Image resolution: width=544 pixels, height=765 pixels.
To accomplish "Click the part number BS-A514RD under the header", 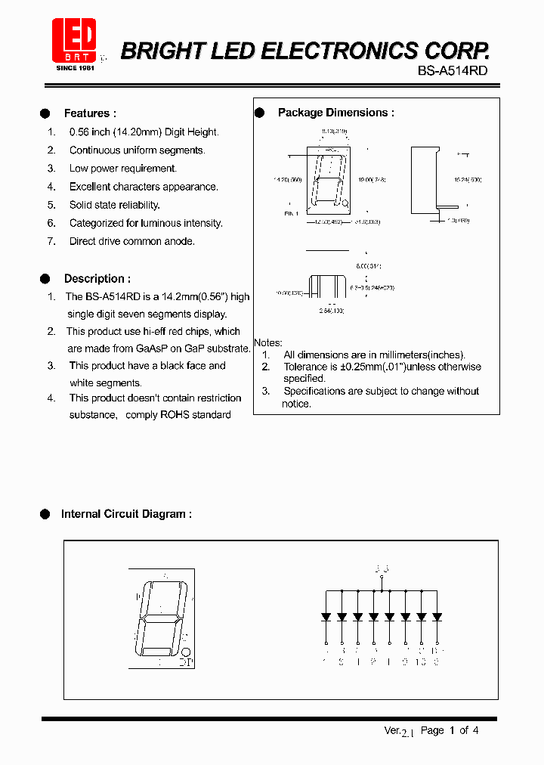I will click(453, 70).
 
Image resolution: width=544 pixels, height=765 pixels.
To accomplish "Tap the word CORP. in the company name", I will click(456, 51).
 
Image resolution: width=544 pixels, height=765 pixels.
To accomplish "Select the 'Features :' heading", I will click(90, 113).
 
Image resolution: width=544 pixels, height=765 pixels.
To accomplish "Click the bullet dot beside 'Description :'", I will click(45, 278).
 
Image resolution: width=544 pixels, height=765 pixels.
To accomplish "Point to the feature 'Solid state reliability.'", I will click(115, 205).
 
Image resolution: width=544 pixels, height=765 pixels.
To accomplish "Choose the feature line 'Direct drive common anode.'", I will click(132, 241).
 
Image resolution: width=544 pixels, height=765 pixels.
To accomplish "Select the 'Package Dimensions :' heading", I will click(335, 113).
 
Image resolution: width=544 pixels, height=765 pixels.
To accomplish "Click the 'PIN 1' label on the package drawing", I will click(292, 214).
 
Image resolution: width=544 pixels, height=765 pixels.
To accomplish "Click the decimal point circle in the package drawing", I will click(345, 203).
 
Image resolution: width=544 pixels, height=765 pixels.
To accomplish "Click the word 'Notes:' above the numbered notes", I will click(268, 342).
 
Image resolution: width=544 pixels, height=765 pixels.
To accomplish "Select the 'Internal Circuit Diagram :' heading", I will click(126, 514).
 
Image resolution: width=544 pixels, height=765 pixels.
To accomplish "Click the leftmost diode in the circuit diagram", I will click(326, 617).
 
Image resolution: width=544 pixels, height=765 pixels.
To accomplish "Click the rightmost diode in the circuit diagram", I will click(437, 617).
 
